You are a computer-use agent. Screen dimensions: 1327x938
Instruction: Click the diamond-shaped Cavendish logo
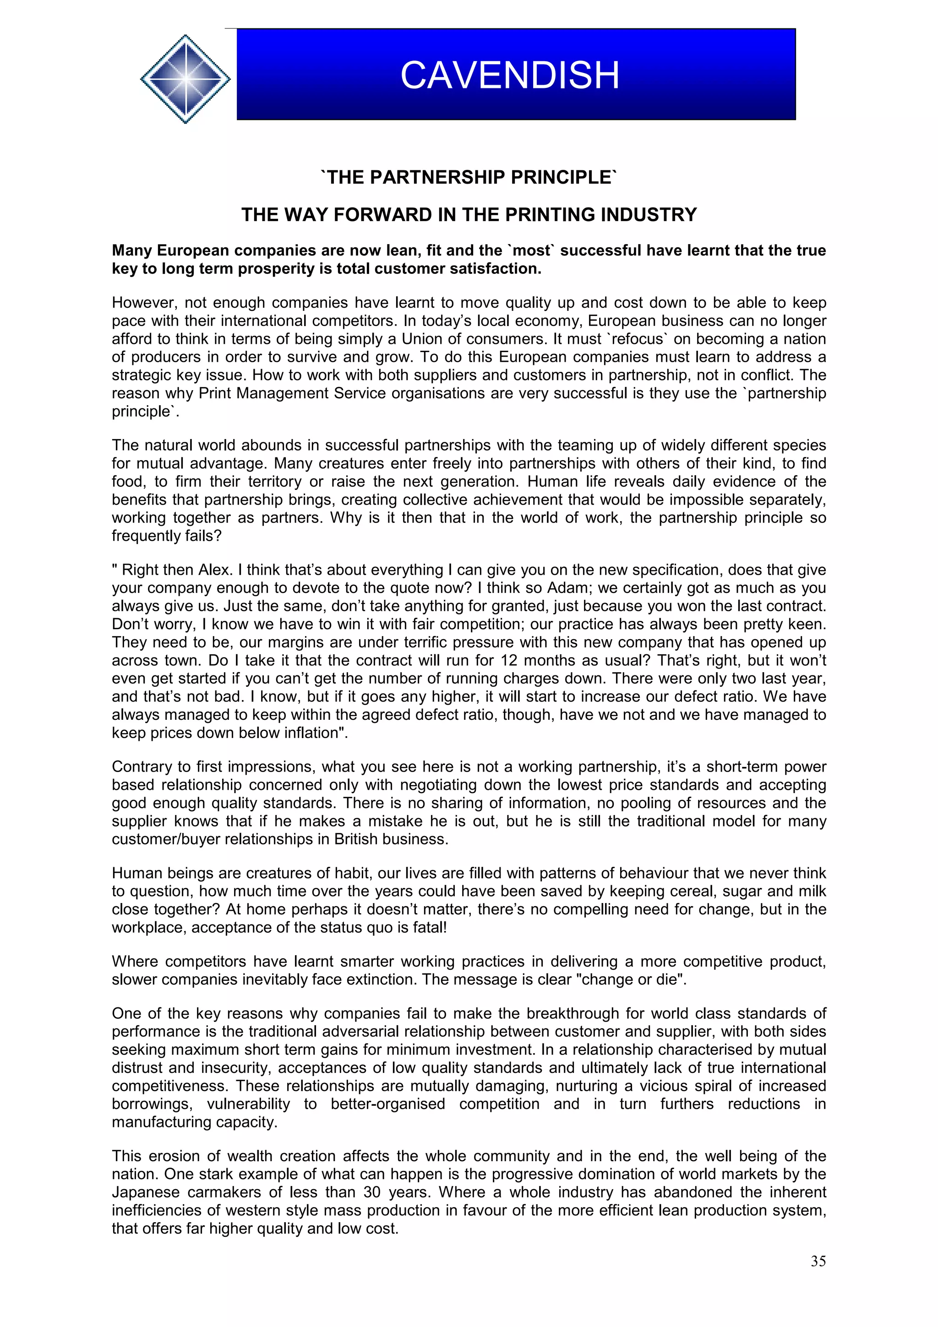pos(185,79)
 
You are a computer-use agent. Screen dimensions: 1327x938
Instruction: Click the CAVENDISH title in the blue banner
pos(510,75)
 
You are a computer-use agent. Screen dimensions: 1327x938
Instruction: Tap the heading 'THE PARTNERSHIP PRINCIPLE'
pos(469,177)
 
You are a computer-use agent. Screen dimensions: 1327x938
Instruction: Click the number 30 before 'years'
pos(373,1192)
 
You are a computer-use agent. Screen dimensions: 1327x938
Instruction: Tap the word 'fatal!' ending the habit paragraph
pos(428,928)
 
